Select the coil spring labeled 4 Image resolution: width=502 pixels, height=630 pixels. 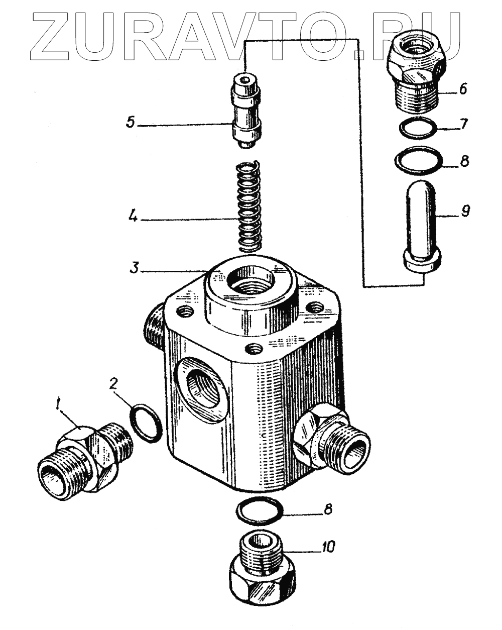[x=247, y=206]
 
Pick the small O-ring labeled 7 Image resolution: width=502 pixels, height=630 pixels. [x=418, y=128]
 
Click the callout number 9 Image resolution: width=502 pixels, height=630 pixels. [x=465, y=212]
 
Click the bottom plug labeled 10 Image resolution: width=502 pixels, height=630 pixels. [x=259, y=570]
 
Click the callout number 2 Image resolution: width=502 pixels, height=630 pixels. [x=114, y=385]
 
